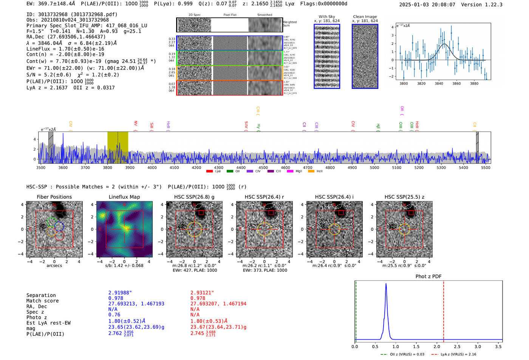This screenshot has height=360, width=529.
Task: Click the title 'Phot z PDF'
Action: click(x=428, y=276)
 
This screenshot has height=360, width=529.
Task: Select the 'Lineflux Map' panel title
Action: click(x=124, y=197)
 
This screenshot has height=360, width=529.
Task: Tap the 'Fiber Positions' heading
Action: click(x=54, y=197)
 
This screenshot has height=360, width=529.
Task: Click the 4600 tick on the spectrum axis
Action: click(x=285, y=167)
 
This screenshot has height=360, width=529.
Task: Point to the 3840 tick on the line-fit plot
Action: click(x=439, y=83)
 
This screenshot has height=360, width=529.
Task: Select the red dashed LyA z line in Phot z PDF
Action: click(x=444, y=310)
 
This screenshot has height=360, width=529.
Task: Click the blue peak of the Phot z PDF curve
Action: click(x=386, y=284)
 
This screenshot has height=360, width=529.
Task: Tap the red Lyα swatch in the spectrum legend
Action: click(x=209, y=172)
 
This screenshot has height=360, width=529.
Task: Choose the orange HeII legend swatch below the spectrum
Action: click(x=311, y=172)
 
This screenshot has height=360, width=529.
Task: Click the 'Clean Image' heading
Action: click(x=365, y=17)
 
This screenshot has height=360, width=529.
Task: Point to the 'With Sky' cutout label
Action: click(x=326, y=17)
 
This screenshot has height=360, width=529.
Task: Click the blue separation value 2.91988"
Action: click(x=120, y=293)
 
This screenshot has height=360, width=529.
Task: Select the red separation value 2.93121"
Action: click(x=202, y=293)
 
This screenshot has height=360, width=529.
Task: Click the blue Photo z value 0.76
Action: click(x=114, y=315)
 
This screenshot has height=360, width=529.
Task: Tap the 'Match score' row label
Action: click(x=42, y=301)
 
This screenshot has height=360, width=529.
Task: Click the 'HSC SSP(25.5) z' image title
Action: click(x=404, y=197)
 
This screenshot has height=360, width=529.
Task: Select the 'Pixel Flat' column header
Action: click(x=230, y=15)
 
